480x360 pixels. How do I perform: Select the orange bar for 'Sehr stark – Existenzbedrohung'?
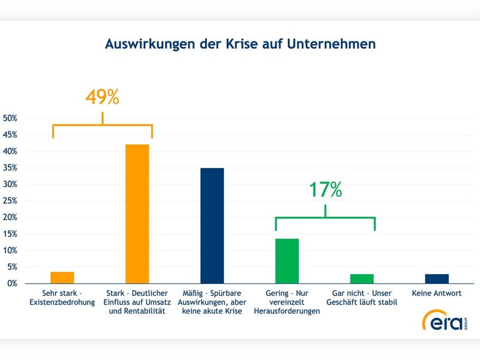62,277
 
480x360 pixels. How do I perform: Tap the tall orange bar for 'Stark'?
137,214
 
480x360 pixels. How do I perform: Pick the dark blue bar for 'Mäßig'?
212,226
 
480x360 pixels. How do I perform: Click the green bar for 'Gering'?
287,261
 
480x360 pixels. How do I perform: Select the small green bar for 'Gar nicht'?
362,278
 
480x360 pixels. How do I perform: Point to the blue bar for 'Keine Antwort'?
437,278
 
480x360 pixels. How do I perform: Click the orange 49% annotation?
102,97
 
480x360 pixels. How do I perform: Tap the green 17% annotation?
325,190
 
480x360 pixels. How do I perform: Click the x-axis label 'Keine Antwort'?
437,294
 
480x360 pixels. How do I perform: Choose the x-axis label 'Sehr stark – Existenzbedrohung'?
62,298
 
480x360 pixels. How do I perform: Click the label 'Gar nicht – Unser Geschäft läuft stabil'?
362,298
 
